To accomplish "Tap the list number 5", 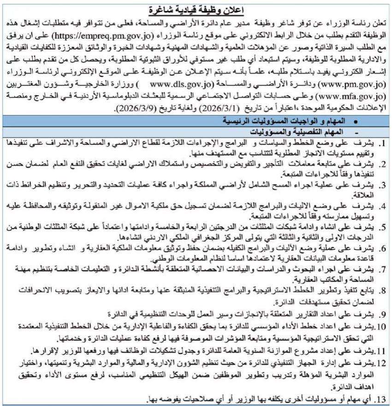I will click(384, 226).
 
